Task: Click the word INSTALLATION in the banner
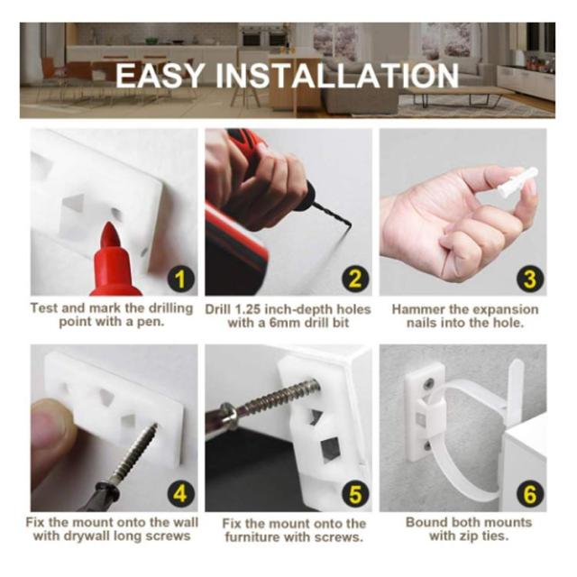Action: click(337, 76)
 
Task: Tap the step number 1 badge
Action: click(180, 279)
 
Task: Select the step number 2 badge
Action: click(354, 279)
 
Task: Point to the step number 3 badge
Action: click(529, 279)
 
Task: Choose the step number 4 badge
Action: click(180, 494)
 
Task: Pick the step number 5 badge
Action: click(354, 494)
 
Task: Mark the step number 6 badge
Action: click(529, 494)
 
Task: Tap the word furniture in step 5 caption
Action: click(252, 537)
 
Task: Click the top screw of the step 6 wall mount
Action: click(428, 384)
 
